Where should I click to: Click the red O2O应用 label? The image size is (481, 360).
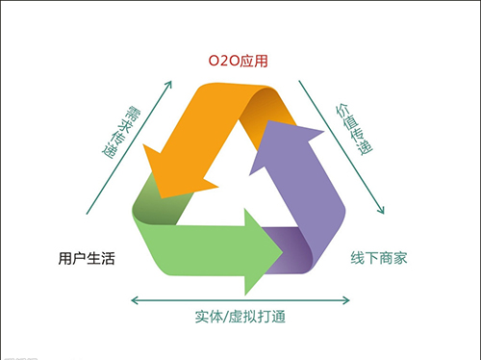[x=239, y=61]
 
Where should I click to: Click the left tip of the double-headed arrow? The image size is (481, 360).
[x=132, y=300]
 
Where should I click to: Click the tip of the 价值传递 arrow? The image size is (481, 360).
[x=384, y=215]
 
